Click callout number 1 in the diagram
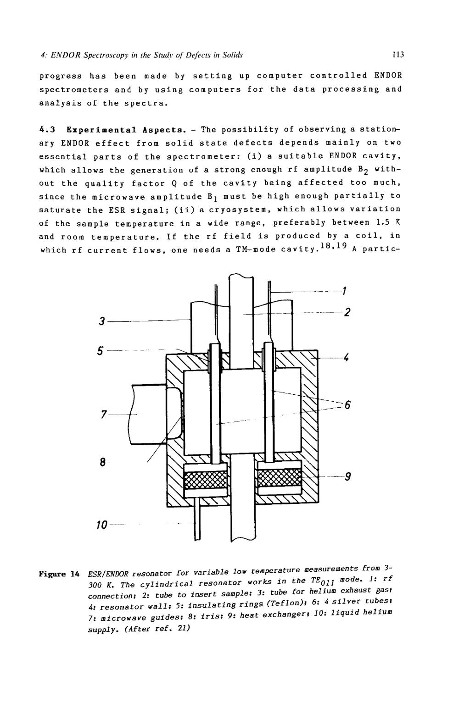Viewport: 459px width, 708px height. pyautogui.click(x=344, y=290)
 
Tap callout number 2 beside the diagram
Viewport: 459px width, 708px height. pyautogui.click(x=347, y=312)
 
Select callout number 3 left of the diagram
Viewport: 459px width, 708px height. pyautogui.click(x=101, y=321)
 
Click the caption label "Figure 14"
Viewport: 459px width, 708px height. pyautogui.click(x=59, y=574)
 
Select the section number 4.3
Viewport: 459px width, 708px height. pyautogui.click(x=48, y=129)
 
